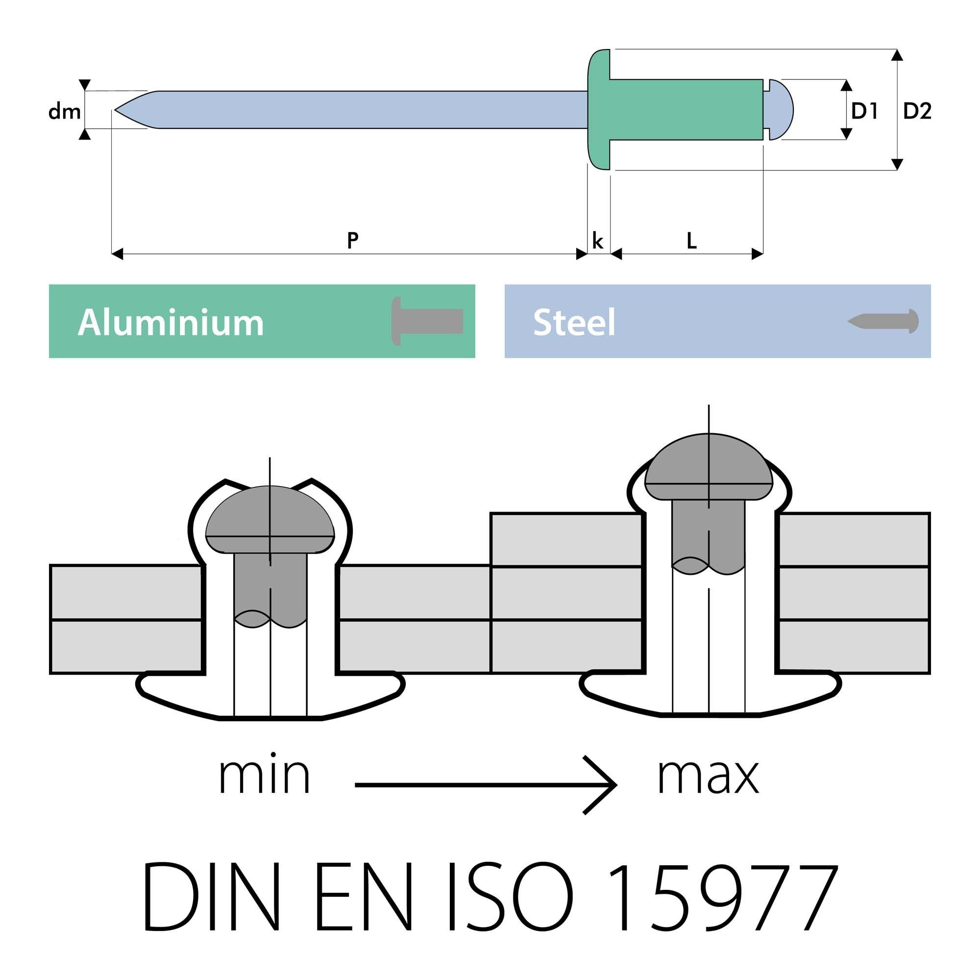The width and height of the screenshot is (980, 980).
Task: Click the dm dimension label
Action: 64,112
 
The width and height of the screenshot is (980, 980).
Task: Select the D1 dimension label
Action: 864,111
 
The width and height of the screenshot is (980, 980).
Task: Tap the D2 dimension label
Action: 917,111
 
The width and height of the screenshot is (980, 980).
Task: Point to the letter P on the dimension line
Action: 353,240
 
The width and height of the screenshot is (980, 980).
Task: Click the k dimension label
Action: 597,241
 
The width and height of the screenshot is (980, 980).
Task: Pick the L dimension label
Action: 691,242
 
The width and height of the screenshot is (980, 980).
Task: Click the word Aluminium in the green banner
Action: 171,322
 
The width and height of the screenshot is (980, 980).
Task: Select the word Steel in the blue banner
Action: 574,322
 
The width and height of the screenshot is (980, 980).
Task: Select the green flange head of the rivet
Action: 599,110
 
